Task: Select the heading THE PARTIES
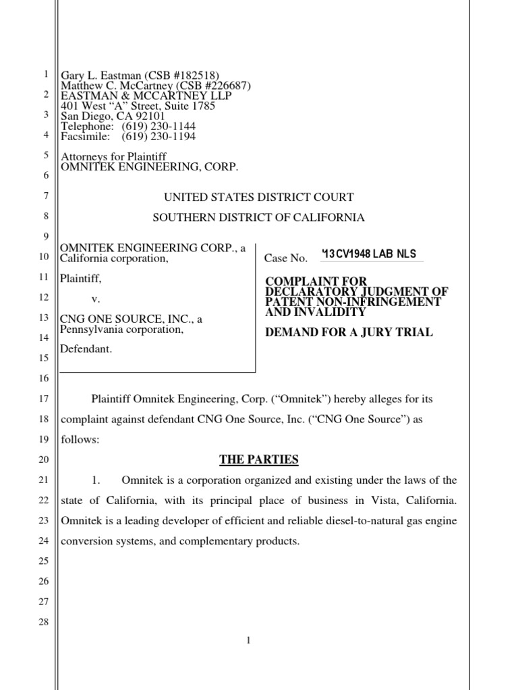point(258,460)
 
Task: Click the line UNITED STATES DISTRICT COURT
point(259,197)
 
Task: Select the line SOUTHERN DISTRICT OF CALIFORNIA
point(259,217)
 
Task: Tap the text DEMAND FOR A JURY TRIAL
point(349,332)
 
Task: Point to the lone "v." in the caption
point(96,298)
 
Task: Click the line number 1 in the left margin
point(45,74)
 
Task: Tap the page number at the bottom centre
point(248,640)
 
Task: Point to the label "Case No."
point(285,258)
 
